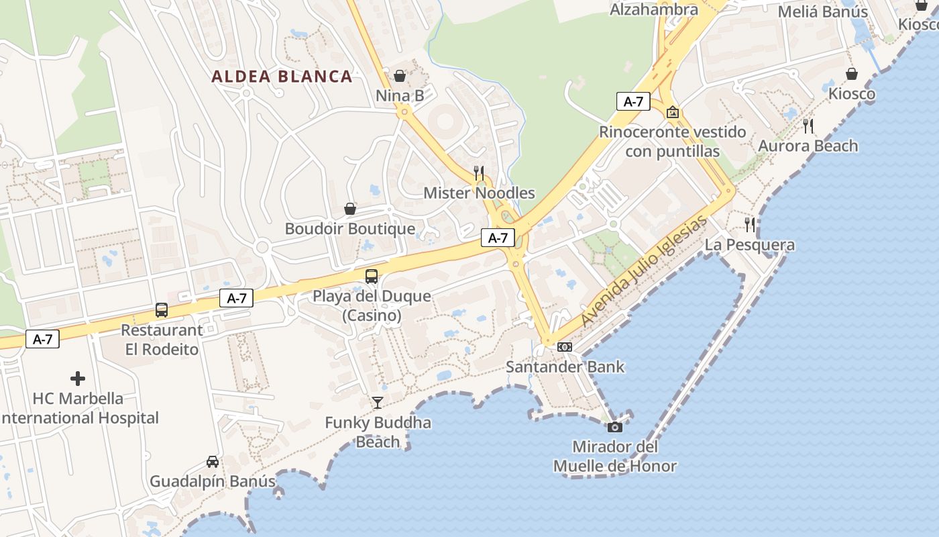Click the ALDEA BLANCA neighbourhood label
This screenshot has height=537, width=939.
(282, 76)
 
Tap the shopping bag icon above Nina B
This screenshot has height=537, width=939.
(400, 76)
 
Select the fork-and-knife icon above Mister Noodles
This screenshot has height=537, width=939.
(479, 173)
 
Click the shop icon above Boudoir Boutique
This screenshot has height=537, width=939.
(350, 209)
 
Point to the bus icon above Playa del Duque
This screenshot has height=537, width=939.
(372, 276)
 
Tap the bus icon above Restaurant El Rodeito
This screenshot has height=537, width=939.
(162, 309)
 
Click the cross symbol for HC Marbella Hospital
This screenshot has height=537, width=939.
(78, 379)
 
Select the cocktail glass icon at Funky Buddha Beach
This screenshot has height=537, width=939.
(378, 402)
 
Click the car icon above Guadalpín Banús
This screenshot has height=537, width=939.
(213, 462)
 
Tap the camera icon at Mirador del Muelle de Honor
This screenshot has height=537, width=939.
(614, 427)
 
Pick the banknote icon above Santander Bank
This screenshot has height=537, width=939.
(565, 347)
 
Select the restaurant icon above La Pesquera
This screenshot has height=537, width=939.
(750, 224)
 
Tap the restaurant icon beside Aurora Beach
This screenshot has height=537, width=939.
(808, 126)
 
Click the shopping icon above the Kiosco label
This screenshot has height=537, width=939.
(852, 74)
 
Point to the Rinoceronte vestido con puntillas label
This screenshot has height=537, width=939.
(672, 142)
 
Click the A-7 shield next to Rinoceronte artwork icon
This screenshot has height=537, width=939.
(633, 102)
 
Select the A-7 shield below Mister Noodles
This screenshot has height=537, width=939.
(498, 238)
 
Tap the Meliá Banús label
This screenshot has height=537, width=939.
(823, 11)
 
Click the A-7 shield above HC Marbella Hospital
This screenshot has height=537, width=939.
(43, 340)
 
